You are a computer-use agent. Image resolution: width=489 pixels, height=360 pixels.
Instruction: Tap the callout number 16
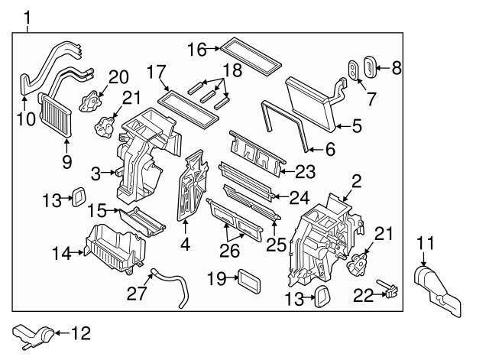pyautogui.click(x=196, y=50)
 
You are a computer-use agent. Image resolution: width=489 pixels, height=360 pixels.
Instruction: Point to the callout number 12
pyautogui.click(x=80, y=333)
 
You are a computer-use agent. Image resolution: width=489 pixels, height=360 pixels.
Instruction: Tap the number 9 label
pyautogui.click(x=67, y=161)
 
